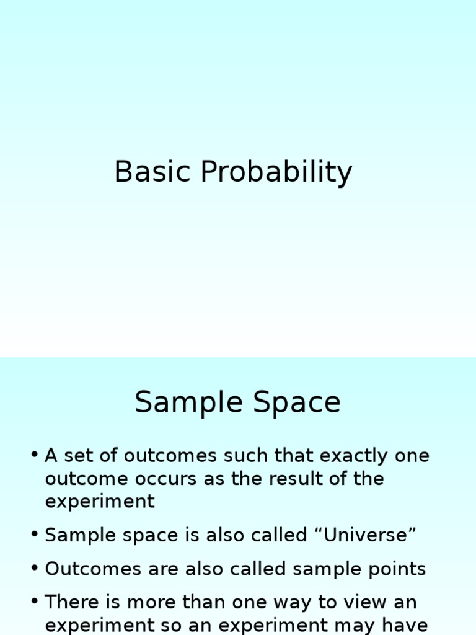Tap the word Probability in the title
(276, 173)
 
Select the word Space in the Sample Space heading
(297, 402)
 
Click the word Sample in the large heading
(187, 404)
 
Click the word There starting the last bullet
(71, 602)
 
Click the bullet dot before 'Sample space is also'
(34, 535)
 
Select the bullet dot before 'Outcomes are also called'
(34, 569)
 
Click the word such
(247, 456)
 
